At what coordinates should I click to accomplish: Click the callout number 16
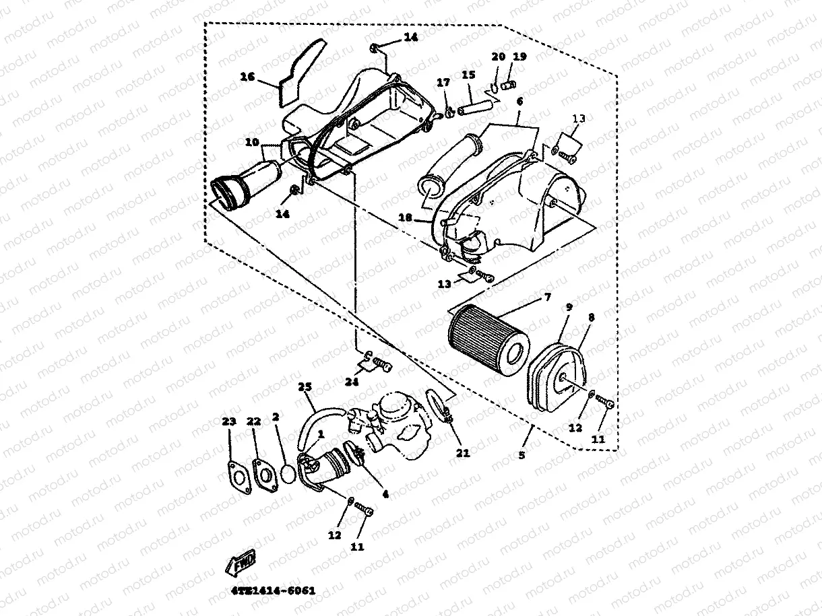(x=247, y=77)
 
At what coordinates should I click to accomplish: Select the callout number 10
(x=251, y=143)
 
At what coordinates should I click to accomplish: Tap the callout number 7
(x=546, y=297)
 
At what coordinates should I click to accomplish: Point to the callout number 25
(x=305, y=387)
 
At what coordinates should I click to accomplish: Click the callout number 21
(x=462, y=453)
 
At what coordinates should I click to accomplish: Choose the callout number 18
(x=405, y=218)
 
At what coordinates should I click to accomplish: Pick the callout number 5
(x=522, y=455)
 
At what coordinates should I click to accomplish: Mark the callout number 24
(x=351, y=382)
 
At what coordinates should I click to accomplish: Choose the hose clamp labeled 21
(x=439, y=407)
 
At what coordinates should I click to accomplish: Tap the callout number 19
(x=519, y=57)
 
